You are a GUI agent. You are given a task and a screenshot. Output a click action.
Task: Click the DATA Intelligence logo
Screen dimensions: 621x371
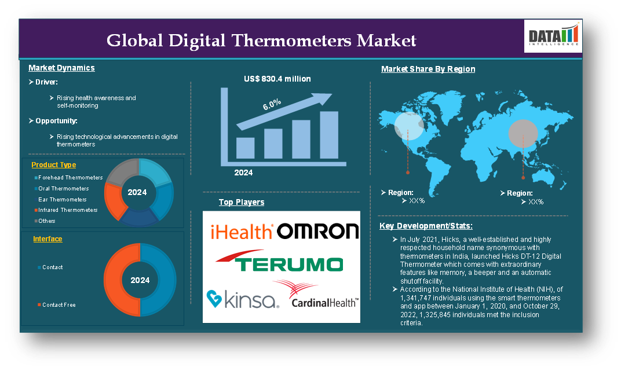(553, 36)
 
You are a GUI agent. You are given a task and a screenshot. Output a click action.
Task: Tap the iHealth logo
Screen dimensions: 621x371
(241, 231)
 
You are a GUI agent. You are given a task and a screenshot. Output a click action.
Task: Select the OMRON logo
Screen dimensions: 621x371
(317, 231)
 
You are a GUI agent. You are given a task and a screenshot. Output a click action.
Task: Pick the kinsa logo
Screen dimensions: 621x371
(243, 299)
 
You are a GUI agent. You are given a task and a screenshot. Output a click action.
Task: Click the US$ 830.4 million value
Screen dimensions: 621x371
(277, 79)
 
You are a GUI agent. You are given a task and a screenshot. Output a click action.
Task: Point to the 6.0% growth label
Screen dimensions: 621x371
(272, 104)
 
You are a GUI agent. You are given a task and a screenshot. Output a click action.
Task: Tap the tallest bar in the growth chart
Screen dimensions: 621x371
(329, 135)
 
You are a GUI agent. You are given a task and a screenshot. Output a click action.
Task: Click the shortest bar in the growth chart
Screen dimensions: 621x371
(246, 148)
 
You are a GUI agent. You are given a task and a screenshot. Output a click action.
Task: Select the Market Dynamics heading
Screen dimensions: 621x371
(61, 68)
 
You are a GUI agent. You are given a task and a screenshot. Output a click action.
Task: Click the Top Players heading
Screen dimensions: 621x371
(242, 202)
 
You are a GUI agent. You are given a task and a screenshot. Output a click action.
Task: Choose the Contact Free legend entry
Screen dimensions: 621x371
(57, 305)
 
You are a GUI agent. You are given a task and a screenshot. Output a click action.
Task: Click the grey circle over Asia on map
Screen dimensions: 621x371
(523, 134)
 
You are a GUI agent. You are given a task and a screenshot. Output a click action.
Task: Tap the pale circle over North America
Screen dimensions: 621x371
(409, 126)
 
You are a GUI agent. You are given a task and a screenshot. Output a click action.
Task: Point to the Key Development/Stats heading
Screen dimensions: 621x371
(426, 226)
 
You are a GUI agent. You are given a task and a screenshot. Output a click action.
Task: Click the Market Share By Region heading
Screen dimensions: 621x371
(428, 69)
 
